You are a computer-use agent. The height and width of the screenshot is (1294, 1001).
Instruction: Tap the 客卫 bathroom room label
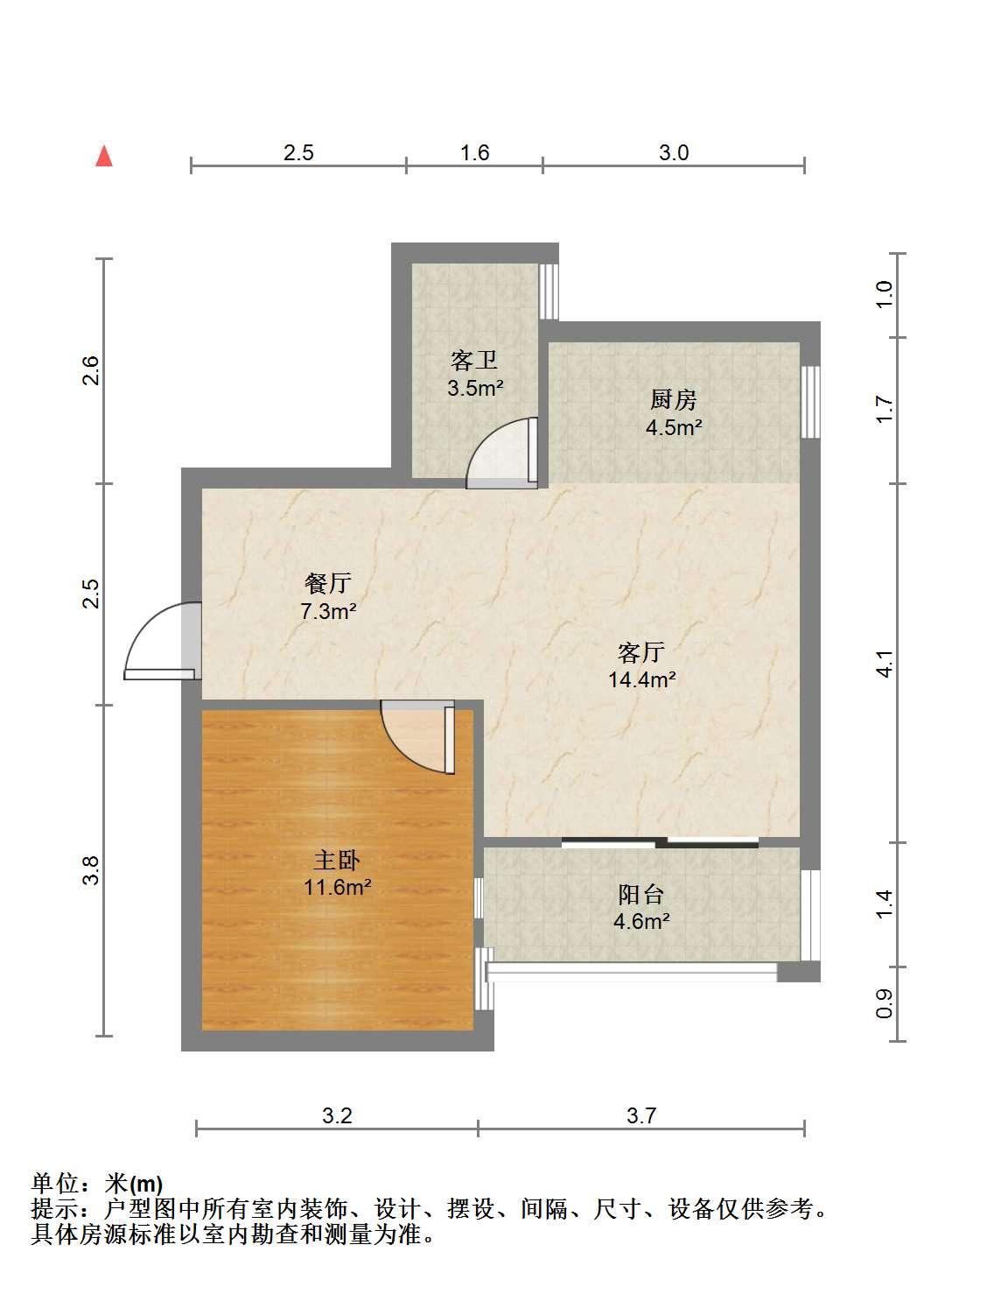pyautogui.click(x=473, y=361)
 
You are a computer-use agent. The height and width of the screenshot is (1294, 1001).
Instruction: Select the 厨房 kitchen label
pyautogui.click(x=673, y=399)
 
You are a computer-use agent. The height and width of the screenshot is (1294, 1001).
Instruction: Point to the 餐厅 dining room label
pyautogui.click(x=328, y=583)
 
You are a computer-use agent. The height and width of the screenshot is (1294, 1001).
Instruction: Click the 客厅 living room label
pyautogui.click(x=641, y=652)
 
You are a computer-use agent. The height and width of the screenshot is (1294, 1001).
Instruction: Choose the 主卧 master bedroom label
pyautogui.click(x=337, y=861)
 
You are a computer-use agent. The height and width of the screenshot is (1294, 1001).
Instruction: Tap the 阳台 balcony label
pyautogui.click(x=641, y=894)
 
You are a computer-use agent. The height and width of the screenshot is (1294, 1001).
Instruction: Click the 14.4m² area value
pyautogui.click(x=641, y=679)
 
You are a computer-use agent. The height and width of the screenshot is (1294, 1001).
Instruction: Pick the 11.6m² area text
pyautogui.click(x=338, y=887)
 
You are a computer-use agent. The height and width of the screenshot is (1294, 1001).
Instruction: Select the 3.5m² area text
pyautogui.click(x=475, y=388)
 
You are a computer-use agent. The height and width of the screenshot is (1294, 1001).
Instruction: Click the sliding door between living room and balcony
pyautogui.click(x=660, y=842)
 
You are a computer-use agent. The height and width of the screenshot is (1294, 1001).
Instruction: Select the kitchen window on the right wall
pyautogui.click(x=810, y=402)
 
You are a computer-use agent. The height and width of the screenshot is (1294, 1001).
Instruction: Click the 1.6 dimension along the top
pyautogui.click(x=474, y=153)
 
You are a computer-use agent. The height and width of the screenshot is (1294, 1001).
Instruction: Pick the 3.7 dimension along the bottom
pyautogui.click(x=641, y=1115)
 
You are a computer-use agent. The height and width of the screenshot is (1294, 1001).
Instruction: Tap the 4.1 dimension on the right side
pyautogui.click(x=885, y=664)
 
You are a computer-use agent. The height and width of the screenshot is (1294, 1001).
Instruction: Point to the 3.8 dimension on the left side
pyautogui.click(x=90, y=870)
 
